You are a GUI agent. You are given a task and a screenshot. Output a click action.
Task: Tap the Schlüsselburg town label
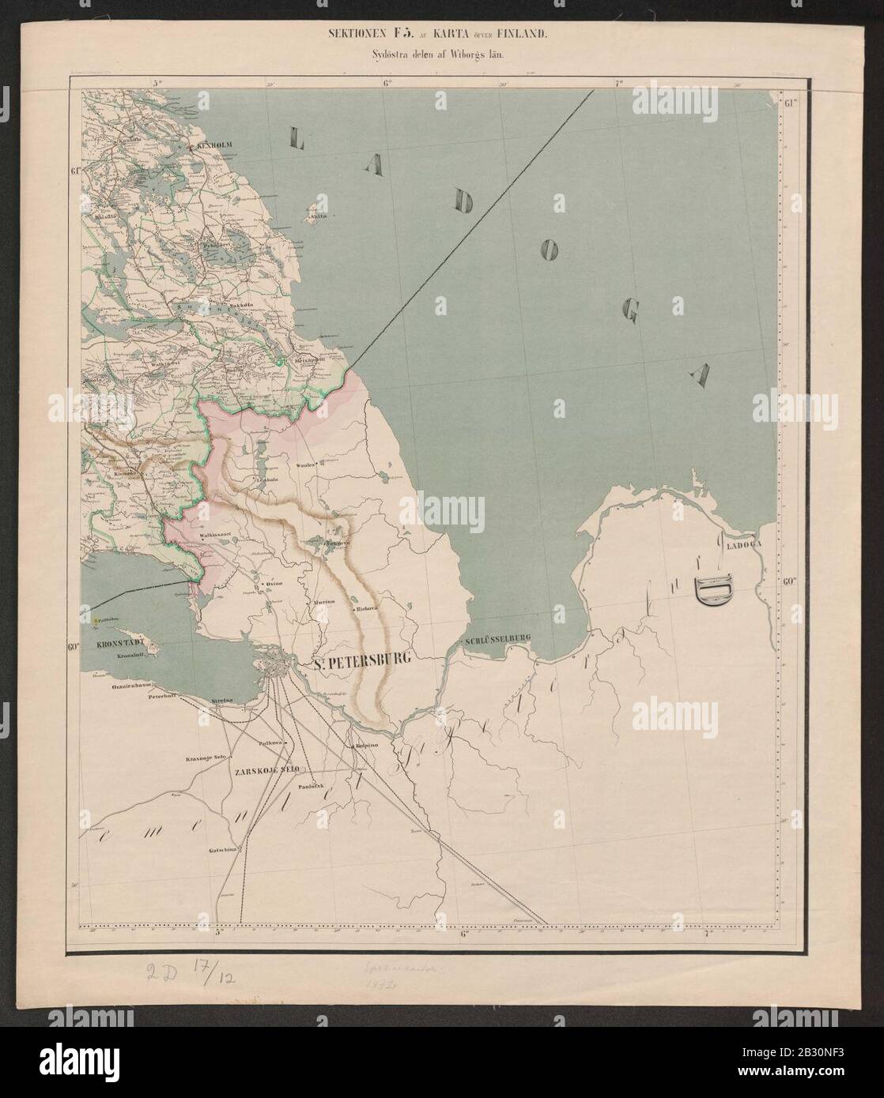point(496,637)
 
